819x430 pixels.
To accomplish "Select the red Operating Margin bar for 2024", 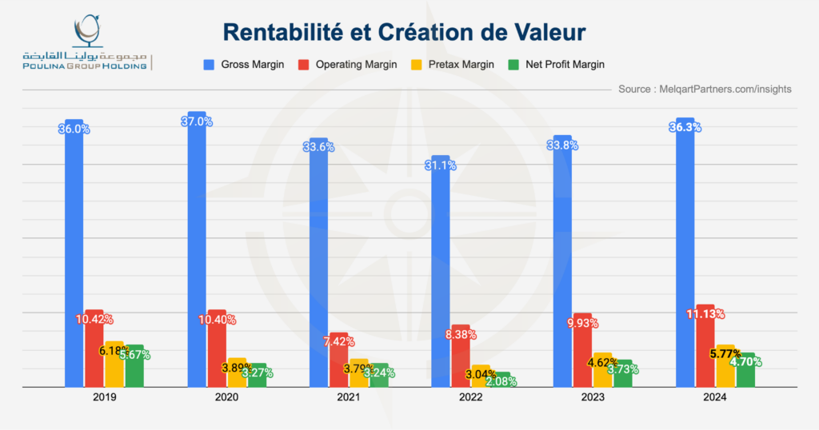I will (705, 352).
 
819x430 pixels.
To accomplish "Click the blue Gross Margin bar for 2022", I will (441, 272).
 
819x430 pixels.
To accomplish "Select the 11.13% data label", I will (705, 313).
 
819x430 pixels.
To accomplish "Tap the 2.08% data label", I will (501, 381).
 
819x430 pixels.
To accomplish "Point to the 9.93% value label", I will (583, 323).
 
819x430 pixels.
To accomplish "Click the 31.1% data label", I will (441, 165).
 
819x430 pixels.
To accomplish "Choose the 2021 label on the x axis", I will (349, 396).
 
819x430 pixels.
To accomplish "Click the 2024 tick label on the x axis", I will (715, 396).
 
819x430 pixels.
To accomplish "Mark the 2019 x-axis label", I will (104, 396).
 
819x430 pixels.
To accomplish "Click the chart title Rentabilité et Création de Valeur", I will (404, 32).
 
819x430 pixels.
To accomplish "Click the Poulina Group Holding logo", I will (86, 44).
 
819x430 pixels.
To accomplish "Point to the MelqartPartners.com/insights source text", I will (705, 89).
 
